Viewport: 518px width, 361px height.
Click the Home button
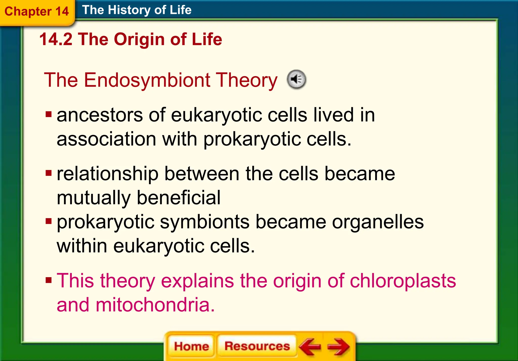191,346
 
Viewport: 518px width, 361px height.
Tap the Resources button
257,346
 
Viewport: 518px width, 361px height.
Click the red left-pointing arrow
310,346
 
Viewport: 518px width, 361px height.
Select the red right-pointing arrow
338,346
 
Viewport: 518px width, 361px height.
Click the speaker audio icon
296,79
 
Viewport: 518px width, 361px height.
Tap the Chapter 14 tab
37,12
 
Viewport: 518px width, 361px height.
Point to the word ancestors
100,115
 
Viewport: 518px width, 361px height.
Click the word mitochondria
155,305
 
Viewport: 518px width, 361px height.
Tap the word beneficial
179,198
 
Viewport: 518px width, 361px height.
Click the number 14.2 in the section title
56,40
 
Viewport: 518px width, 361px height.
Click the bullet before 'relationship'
49,174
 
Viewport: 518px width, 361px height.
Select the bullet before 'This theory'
49,280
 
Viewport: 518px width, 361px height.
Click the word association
106,139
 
